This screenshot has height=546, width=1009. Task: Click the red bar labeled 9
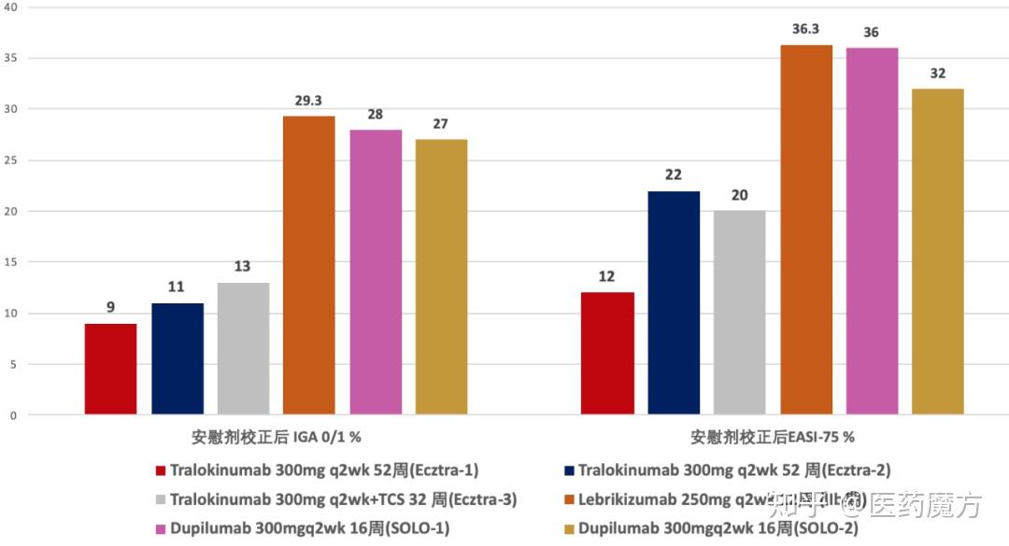110,369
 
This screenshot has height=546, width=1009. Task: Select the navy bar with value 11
178,358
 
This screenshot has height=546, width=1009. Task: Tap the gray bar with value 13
243,348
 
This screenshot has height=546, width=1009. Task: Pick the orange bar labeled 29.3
309,265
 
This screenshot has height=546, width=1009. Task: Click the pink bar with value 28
376,272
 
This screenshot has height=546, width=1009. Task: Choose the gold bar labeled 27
442,277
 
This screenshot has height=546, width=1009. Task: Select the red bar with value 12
607,354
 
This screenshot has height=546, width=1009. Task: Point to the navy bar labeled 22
674,302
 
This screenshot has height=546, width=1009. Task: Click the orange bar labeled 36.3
806,230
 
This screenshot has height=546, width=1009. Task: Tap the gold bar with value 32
938,252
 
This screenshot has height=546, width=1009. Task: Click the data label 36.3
806,29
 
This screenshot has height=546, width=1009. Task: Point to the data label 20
739,195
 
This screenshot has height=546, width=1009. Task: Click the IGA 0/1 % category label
277,436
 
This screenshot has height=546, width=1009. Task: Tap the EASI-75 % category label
773,436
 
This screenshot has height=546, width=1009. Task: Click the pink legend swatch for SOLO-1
161,529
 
